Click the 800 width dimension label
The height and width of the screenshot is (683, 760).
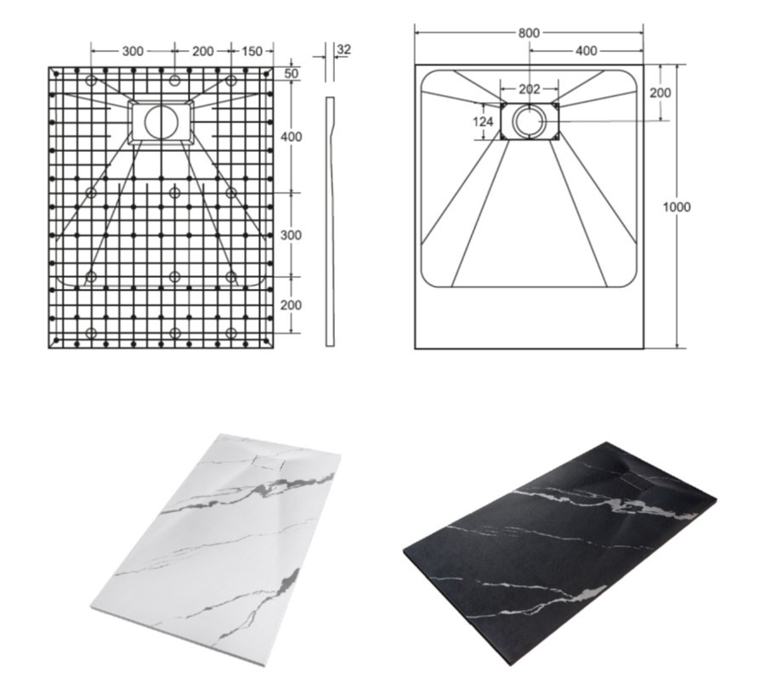pyautogui.click(x=528, y=33)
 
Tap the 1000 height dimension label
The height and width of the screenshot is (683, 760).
pyautogui.click(x=676, y=206)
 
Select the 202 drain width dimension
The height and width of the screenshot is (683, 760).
pyautogui.click(x=529, y=89)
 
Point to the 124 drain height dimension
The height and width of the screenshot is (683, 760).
pyautogui.click(x=483, y=121)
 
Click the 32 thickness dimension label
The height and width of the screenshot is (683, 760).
pyautogui.click(x=343, y=49)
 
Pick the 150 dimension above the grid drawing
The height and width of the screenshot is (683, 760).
pyautogui.click(x=252, y=51)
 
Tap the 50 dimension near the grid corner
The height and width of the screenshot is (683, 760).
pyautogui.click(x=291, y=74)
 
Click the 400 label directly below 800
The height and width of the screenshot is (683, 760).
pyautogui.click(x=586, y=50)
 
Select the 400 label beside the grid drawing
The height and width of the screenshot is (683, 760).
pyautogui.click(x=291, y=137)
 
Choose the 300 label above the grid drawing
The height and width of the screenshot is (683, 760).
pyautogui.click(x=133, y=51)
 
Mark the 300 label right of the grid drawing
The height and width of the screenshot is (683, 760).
pyautogui.click(x=291, y=235)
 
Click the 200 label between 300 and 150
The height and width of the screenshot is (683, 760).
pyautogui.click(x=202, y=51)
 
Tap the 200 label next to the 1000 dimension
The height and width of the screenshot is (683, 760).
pyautogui.click(x=661, y=92)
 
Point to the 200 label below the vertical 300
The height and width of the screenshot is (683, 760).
pyautogui.click(x=291, y=305)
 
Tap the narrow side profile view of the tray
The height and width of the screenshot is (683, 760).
pyautogui.click(x=330, y=222)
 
